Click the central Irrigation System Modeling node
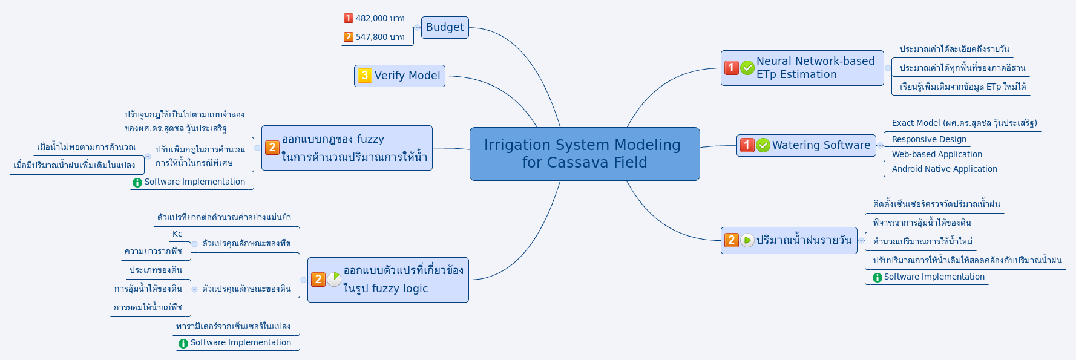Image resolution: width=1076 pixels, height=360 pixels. click(x=584, y=154)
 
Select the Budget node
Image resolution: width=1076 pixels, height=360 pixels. click(x=445, y=27)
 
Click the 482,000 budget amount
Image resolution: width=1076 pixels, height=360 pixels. click(x=379, y=18)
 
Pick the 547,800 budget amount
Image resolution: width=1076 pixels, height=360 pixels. click(x=379, y=37)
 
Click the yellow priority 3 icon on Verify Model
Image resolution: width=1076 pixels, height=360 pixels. click(x=364, y=76)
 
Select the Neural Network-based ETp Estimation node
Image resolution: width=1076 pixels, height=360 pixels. click(x=815, y=68)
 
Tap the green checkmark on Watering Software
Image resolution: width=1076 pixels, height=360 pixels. click(x=763, y=145)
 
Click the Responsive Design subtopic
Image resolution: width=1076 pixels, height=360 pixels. click(x=928, y=139)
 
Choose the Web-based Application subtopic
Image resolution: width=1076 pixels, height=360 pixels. click(x=936, y=154)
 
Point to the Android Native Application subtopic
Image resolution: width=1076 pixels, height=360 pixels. click(x=944, y=169)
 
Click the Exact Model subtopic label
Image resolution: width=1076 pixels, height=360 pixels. click(x=964, y=123)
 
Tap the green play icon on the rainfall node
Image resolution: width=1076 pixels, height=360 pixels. click(x=747, y=240)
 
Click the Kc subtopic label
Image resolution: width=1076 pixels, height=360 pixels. click(x=177, y=234)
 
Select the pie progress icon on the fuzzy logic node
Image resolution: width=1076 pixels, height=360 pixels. click(x=334, y=279)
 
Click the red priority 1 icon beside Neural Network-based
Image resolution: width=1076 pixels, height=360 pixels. click(x=732, y=68)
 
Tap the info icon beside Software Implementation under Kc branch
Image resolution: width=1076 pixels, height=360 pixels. click(x=183, y=344)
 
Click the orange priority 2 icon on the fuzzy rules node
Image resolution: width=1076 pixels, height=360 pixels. click(x=272, y=147)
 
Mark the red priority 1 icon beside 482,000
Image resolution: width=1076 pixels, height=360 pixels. click(x=348, y=18)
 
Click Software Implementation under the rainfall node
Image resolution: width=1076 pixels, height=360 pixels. click(x=934, y=277)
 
